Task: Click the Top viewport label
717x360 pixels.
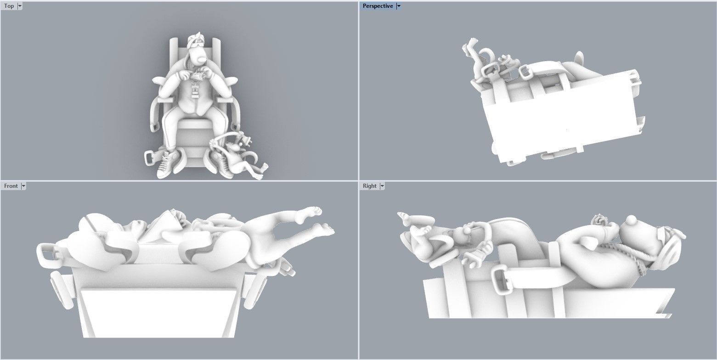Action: [9, 6]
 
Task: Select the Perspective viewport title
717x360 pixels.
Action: [378, 6]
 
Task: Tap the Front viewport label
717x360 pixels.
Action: [11, 186]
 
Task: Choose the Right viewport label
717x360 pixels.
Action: [369, 186]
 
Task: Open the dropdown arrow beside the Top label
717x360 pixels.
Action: [20, 6]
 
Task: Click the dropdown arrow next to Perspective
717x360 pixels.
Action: [399, 6]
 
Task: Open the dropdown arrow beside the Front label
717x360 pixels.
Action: [23, 186]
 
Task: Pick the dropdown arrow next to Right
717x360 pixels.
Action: [382, 186]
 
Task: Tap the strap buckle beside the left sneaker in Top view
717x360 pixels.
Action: [150, 157]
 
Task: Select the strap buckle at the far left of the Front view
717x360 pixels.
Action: [46, 255]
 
